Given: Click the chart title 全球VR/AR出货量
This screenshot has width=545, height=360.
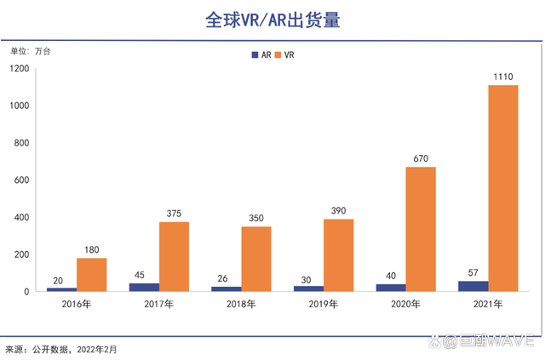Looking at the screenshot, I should (x=272, y=20).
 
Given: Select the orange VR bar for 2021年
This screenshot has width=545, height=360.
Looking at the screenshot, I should (x=502, y=188).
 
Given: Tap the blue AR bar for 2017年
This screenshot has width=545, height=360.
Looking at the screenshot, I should (x=144, y=287).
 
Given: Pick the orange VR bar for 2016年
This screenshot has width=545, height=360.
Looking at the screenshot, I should (x=91, y=274).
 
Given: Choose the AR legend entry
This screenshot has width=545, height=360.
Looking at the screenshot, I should (x=261, y=54).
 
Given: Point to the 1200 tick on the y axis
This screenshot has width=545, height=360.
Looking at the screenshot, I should (x=20, y=68).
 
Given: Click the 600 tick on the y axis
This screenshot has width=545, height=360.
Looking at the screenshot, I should (x=22, y=180).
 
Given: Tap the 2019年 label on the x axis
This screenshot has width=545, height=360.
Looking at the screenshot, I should (x=323, y=304).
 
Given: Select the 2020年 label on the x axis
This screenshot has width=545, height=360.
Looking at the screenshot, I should (x=404, y=304).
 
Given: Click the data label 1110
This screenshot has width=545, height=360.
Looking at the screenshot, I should (x=502, y=77).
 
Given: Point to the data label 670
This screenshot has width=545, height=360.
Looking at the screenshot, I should (x=421, y=158).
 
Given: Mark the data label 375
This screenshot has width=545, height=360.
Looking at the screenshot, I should (x=174, y=214).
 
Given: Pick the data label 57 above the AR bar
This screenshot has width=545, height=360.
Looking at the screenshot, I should (x=473, y=272).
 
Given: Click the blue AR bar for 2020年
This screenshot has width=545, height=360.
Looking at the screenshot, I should (x=391, y=288).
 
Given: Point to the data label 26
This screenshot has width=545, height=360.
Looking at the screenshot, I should (x=226, y=278).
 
